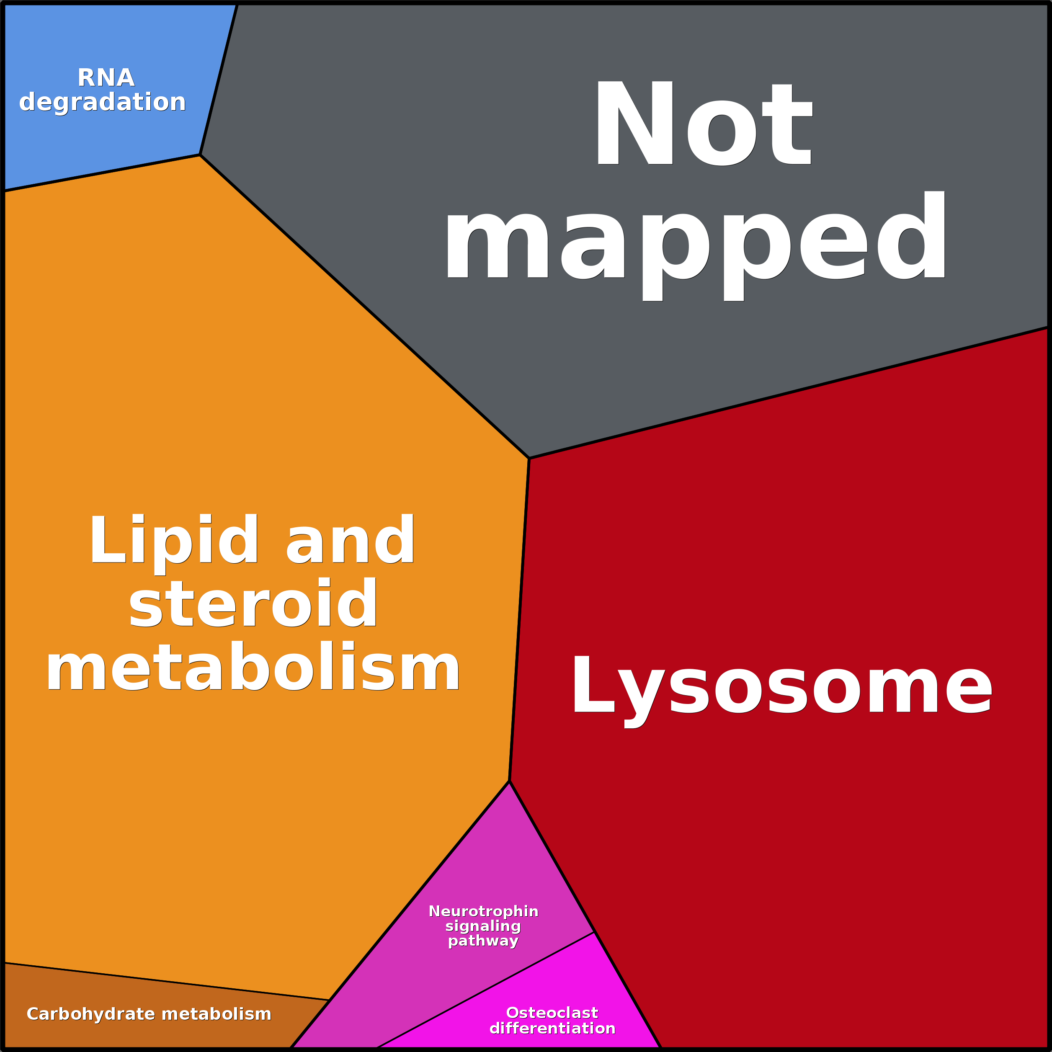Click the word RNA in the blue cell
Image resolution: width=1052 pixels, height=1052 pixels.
[106, 78]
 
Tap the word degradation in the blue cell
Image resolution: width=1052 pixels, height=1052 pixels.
[102, 102]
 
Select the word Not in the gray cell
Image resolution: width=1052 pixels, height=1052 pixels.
[704, 123]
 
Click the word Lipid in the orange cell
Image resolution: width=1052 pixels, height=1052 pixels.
[174, 541]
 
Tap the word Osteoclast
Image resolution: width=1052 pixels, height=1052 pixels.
[552, 1013]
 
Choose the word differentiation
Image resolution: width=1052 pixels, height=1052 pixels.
[552, 1029]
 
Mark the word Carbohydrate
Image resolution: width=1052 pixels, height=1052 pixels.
[91, 1014]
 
